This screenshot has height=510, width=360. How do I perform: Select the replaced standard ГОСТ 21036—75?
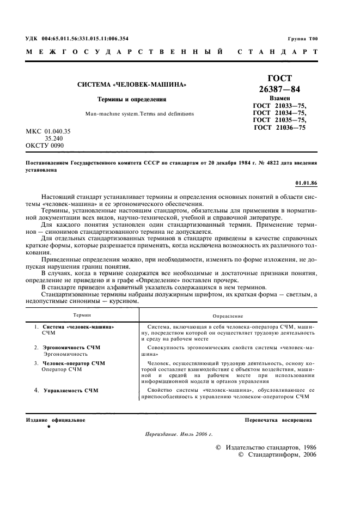tap(280, 127)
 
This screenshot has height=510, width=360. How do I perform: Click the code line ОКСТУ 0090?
tap(45, 146)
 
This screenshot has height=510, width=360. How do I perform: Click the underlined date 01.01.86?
tap(306, 183)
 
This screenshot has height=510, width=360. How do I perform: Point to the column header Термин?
tap(83, 315)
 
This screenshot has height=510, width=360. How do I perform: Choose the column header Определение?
tap(228, 316)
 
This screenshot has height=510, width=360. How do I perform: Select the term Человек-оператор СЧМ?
tap(74, 363)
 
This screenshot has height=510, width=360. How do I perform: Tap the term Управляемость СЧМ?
tap(71, 391)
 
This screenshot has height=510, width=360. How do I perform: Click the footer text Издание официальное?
tap(56, 420)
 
